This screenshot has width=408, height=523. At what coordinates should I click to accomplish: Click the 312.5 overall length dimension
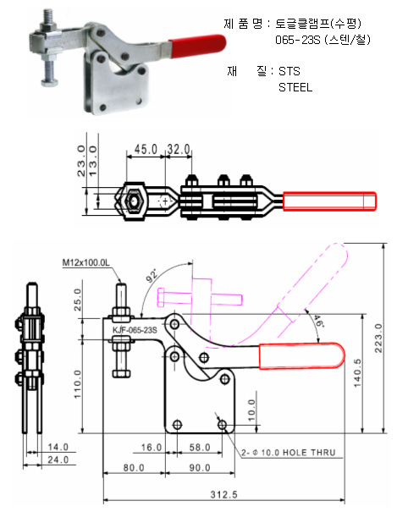click(x=223, y=494)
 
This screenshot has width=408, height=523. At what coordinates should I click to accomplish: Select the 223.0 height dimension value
click(x=378, y=338)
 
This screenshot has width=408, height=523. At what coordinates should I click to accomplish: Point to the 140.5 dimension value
click(x=357, y=372)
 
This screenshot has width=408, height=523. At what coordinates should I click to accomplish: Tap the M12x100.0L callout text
click(x=86, y=263)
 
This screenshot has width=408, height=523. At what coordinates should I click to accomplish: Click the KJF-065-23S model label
click(x=135, y=330)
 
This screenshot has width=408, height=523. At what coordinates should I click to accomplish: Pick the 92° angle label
click(x=152, y=276)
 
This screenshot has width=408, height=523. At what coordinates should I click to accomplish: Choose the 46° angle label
click(x=318, y=321)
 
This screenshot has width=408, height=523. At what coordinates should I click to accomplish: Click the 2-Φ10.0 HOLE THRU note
click(x=289, y=453)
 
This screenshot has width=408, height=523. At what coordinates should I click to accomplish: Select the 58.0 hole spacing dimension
click(x=200, y=448)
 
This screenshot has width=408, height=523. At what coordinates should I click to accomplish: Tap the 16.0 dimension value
click(x=152, y=448)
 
